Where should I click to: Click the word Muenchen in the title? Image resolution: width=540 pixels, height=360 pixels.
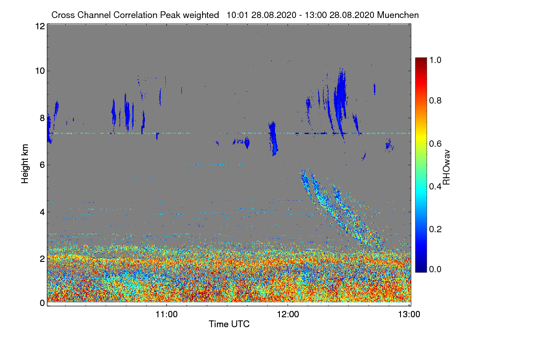click(398, 15)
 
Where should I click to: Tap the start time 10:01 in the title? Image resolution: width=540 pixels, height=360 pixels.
click(238, 15)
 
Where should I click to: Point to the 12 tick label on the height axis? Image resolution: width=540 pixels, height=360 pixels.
click(40, 26)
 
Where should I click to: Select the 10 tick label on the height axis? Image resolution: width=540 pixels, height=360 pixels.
click(40, 71)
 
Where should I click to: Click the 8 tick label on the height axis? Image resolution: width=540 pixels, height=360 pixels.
click(42, 118)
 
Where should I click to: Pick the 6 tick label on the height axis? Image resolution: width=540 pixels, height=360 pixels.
click(42, 165)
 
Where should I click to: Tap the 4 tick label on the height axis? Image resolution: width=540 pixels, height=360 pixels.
click(42, 212)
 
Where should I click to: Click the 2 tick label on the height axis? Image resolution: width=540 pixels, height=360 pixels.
click(42, 259)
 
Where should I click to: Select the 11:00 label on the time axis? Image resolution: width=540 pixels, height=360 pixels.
click(166, 314)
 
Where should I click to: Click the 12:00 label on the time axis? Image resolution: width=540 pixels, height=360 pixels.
click(288, 314)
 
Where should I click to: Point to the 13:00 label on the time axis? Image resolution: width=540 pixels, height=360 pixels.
click(409, 314)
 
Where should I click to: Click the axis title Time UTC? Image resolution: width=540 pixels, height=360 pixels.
click(229, 324)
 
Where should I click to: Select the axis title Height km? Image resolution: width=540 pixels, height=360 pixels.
click(25, 164)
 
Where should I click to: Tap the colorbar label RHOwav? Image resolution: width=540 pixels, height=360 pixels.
click(446, 167)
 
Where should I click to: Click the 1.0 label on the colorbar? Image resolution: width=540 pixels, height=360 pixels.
click(436, 60)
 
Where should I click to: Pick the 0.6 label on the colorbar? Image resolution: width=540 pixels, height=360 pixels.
click(436, 144)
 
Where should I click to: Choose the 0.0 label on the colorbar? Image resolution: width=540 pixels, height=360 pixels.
click(436, 269)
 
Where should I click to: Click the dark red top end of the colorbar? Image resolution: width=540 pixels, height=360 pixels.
click(421, 59)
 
